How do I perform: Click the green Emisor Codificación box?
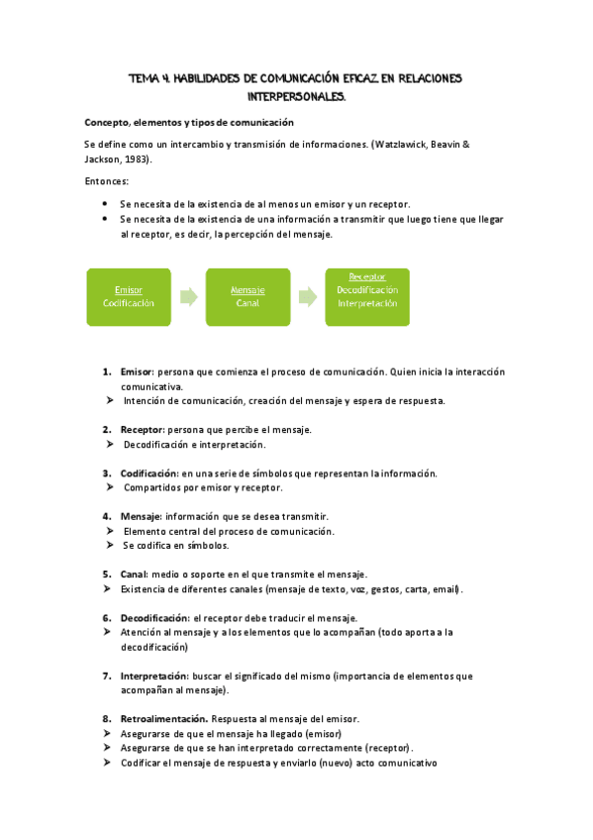coord(129,296)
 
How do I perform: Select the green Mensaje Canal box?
coord(247,296)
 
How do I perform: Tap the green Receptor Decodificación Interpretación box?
coord(367,296)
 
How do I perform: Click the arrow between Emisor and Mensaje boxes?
coord(188,296)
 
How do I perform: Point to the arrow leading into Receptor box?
coord(307,296)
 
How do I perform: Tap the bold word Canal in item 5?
coord(134,574)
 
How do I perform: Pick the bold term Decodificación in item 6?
coord(154,617)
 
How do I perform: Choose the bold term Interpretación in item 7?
coord(155,676)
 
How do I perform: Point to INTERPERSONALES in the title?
coord(296,97)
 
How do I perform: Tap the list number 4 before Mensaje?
coord(106,516)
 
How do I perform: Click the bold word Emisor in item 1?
coord(137,371)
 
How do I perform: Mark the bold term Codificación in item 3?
coord(149,473)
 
